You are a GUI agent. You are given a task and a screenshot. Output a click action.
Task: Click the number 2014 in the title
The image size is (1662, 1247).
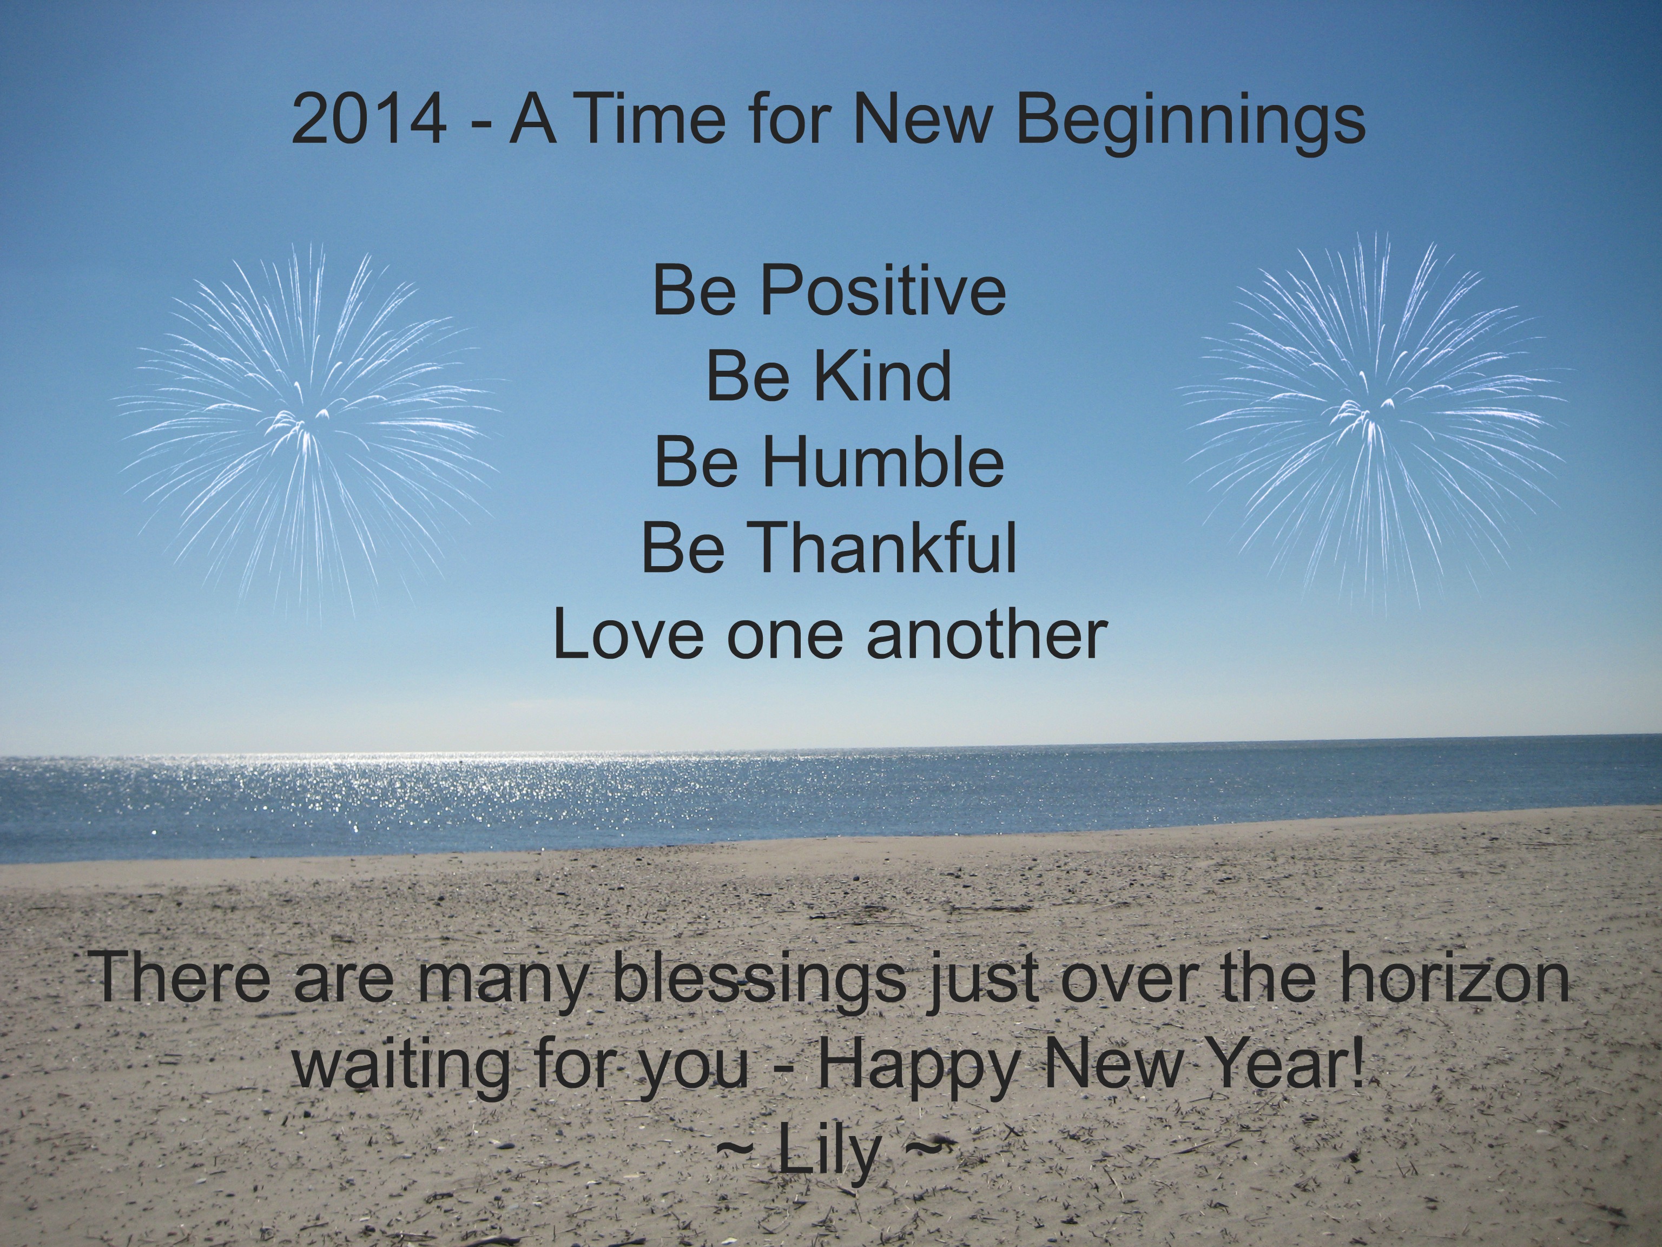[369, 120]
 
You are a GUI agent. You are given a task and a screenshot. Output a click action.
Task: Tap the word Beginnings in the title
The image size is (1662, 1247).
[1190, 124]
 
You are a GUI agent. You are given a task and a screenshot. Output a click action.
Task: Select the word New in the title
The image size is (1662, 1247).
[924, 120]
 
